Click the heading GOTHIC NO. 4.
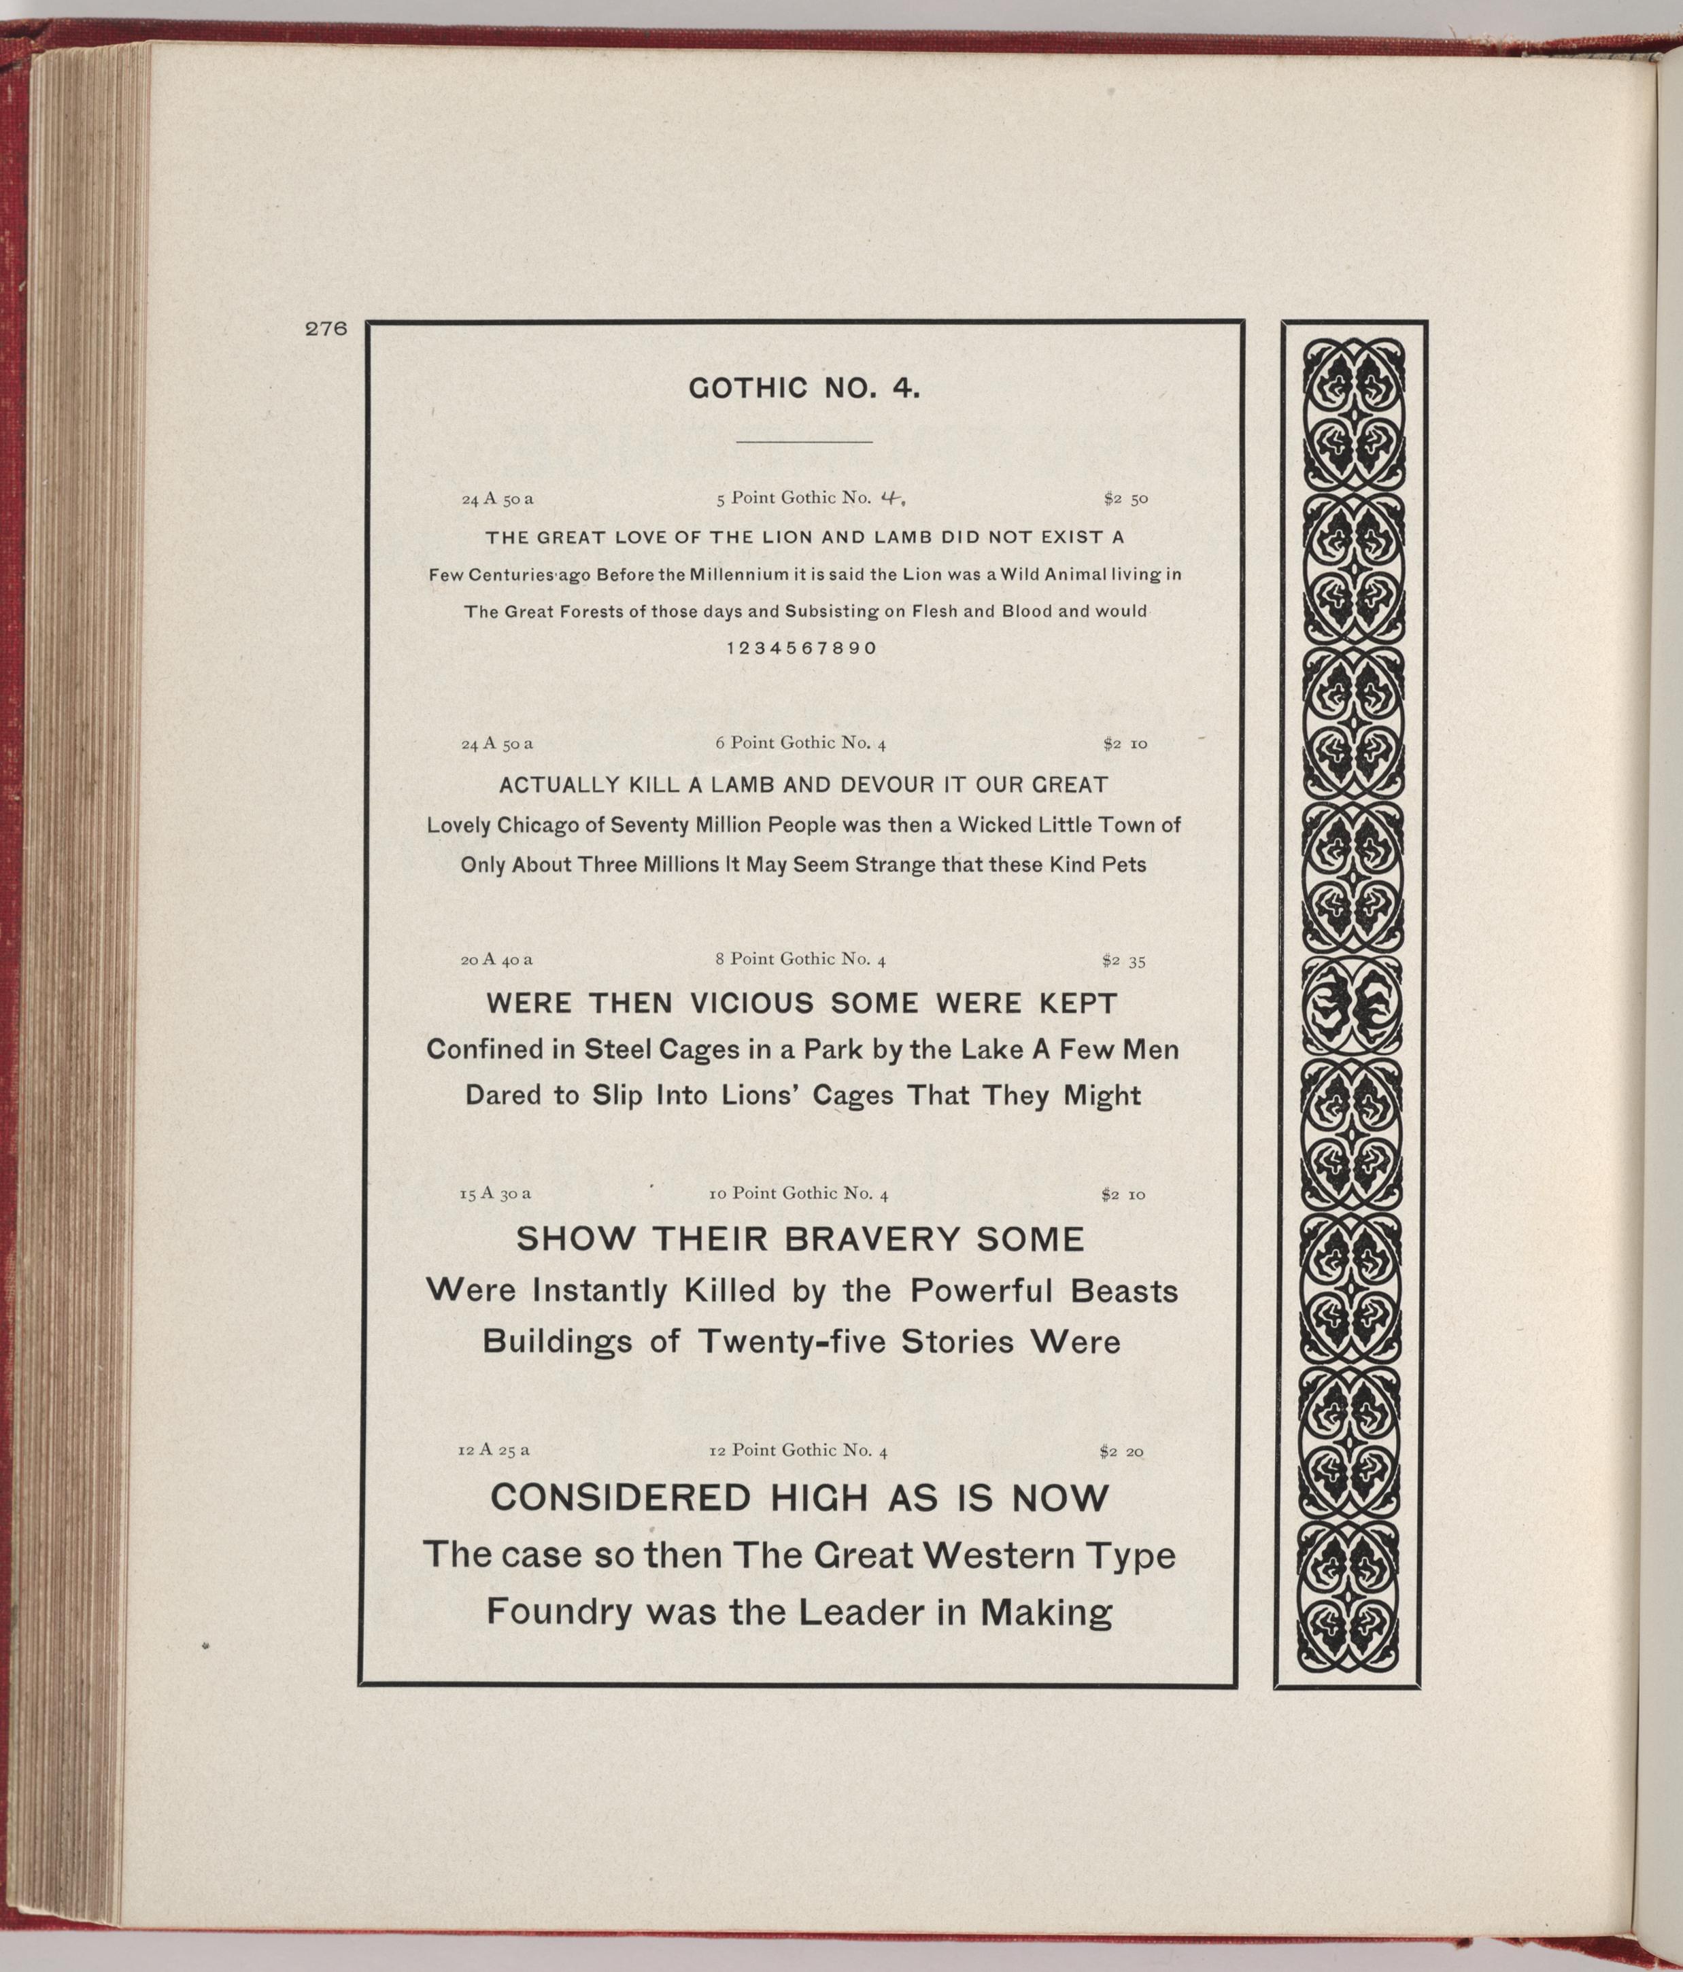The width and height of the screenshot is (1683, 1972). coord(804,388)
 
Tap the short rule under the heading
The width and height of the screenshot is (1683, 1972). coord(804,443)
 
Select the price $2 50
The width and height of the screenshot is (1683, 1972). coord(1125,498)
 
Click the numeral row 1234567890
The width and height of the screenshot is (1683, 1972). coord(802,648)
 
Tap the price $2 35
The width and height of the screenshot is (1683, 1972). coord(1123,961)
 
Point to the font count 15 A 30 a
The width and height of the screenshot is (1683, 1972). coord(495,1192)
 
